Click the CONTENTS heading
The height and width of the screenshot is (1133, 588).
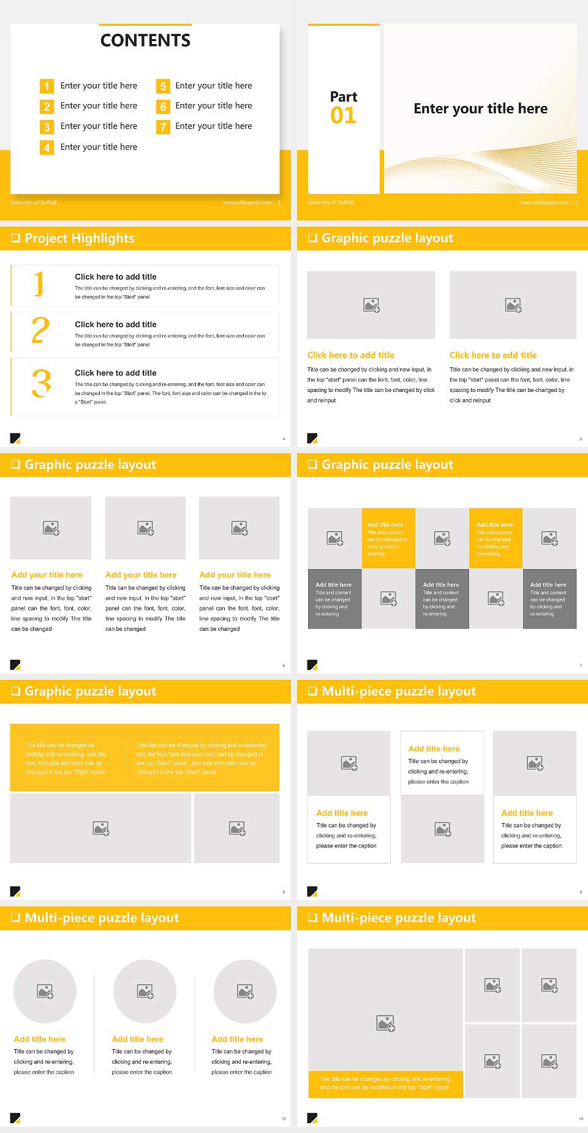[145, 40]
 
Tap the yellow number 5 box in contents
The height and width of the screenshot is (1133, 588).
[163, 86]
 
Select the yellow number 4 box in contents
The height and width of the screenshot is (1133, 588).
[47, 148]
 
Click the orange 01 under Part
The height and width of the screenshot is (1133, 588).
[343, 116]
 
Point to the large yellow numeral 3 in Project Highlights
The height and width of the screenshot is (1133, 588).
[41, 384]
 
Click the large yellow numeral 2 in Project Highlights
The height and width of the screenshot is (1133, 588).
[40, 331]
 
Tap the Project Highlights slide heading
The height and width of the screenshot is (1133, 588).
[79, 238]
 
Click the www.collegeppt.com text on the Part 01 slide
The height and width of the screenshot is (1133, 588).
[544, 203]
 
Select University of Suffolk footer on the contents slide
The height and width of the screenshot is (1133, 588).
[34, 203]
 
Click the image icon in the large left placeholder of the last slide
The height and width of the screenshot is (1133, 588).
[385, 1023]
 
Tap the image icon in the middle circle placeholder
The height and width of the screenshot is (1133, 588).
[145, 991]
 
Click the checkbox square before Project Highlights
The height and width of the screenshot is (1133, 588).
[15, 238]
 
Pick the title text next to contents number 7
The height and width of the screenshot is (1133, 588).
[213, 126]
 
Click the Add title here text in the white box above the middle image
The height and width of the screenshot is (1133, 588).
[434, 748]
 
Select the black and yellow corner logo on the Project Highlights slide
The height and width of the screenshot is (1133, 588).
[15, 438]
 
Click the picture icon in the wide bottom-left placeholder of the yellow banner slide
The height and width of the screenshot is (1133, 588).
[101, 829]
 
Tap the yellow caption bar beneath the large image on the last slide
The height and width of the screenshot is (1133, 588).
[385, 1083]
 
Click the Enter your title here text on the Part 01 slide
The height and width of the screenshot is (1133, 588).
[480, 109]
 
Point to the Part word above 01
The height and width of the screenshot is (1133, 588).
[343, 97]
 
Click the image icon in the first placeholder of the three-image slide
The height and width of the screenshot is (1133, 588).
[51, 528]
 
